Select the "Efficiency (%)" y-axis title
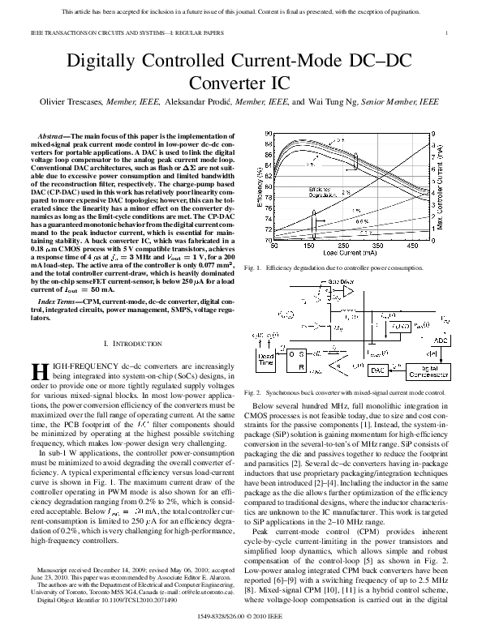coord(258,186)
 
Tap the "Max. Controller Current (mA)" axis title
coord(463,186)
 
